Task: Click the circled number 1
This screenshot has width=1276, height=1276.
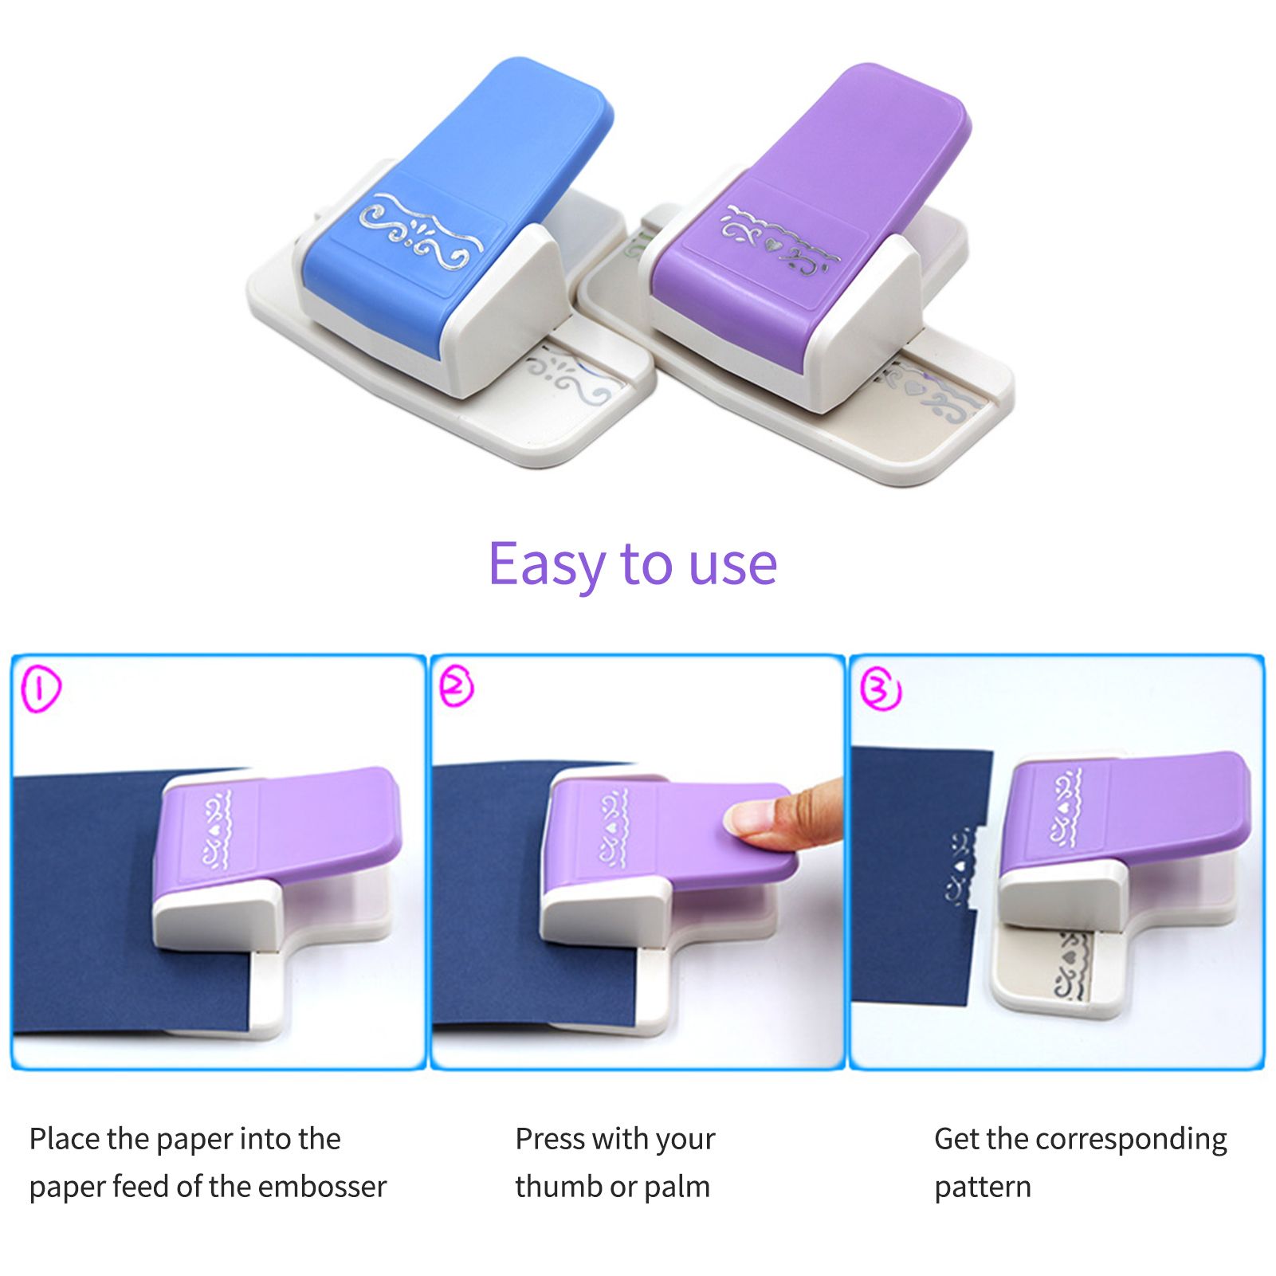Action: pyautogui.click(x=41, y=689)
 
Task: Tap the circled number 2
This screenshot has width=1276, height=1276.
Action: pyautogui.click(x=457, y=686)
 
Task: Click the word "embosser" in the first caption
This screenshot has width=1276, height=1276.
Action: pyautogui.click(x=322, y=1187)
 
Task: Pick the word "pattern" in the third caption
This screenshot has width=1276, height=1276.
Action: pyautogui.click(x=983, y=1188)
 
